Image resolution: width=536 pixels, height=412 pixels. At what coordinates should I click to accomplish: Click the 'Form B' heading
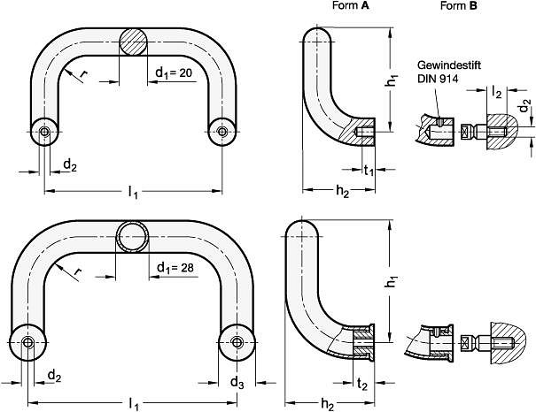458,5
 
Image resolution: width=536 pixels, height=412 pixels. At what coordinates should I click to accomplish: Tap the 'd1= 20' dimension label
174,73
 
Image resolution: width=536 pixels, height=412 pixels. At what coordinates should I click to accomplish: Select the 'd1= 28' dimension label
175,268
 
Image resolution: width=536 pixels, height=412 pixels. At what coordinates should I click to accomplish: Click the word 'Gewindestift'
449,65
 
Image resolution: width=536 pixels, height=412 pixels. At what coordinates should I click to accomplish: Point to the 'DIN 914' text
438,79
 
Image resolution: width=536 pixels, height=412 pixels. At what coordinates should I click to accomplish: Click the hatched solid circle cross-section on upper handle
133,42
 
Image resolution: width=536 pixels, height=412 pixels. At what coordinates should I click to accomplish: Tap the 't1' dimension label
369,170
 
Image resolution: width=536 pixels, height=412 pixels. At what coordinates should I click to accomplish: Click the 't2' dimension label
362,384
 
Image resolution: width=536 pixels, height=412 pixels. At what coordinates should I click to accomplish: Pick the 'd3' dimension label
237,383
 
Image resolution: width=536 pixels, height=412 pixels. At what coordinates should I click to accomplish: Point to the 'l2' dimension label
497,92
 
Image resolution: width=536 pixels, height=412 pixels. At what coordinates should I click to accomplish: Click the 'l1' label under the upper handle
133,193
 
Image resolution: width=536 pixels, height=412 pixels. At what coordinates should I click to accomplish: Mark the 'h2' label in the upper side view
343,192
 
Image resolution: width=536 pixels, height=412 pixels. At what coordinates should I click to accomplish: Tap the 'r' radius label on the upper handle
82,72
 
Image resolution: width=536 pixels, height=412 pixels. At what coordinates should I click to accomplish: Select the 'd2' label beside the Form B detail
525,106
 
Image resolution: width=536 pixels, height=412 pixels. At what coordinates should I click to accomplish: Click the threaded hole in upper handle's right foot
222,132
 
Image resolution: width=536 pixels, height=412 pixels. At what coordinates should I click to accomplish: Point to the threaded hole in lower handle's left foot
27,342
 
